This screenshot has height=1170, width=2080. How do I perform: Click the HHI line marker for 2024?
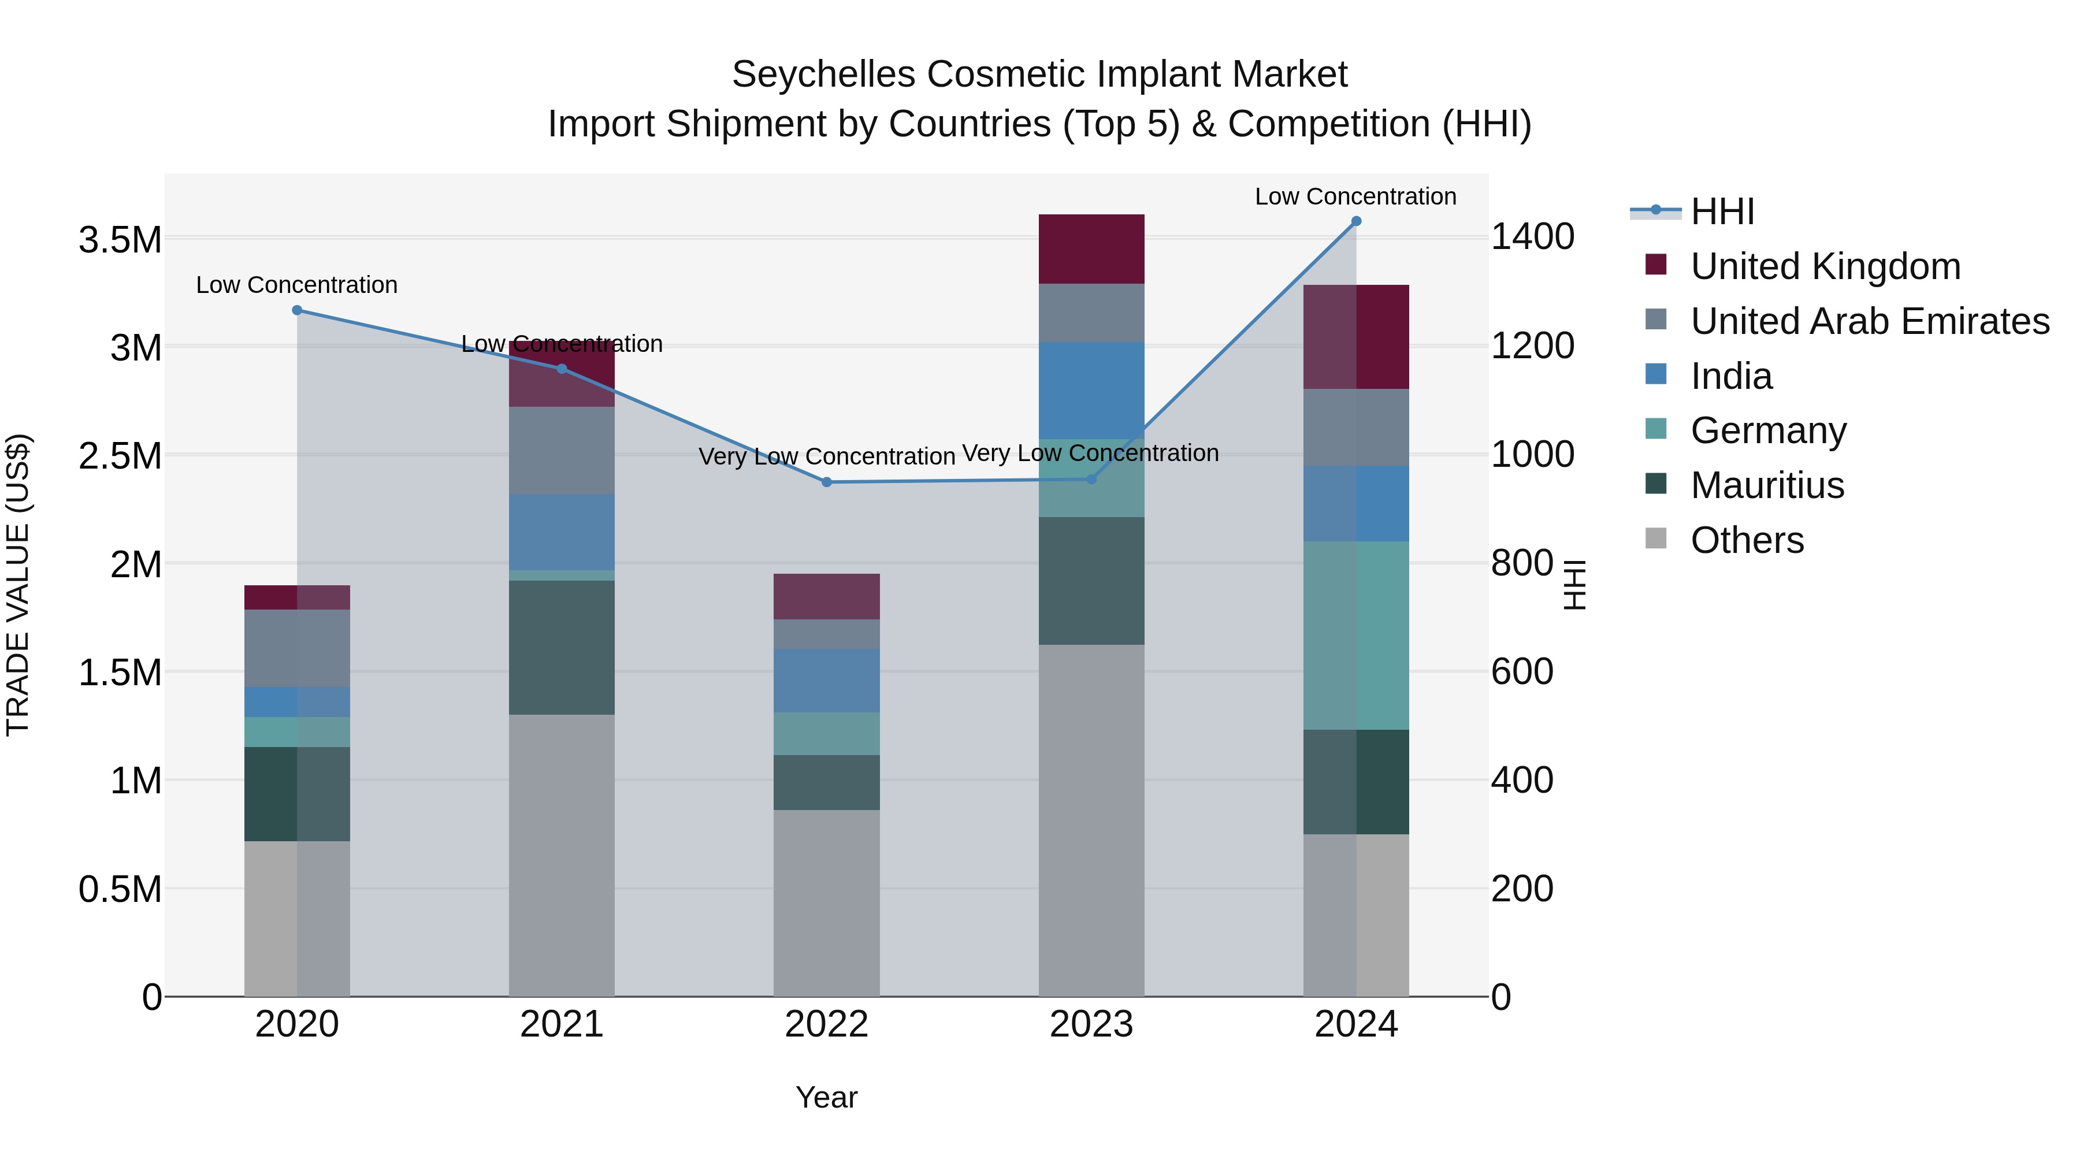click(x=1355, y=221)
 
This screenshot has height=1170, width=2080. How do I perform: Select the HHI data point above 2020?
click(x=297, y=310)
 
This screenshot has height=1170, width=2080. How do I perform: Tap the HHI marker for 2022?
click(x=826, y=482)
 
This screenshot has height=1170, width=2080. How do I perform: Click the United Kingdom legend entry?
click(x=1825, y=266)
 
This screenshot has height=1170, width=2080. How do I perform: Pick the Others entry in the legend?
click(x=1747, y=540)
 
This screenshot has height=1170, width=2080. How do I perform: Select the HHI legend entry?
click(x=1722, y=211)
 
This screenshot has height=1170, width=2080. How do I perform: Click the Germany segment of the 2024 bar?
click(x=1355, y=636)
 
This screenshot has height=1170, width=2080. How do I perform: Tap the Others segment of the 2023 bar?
click(x=1091, y=819)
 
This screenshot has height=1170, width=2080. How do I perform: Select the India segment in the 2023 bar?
click(x=1091, y=390)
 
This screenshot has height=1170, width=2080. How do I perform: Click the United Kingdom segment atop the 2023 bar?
click(x=1091, y=248)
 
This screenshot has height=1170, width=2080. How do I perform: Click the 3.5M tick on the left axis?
click(x=120, y=240)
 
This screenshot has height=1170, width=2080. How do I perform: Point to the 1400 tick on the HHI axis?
click(x=1532, y=237)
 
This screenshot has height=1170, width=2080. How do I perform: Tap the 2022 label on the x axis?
click(x=826, y=1024)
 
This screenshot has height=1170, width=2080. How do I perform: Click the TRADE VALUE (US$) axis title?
click(x=18, y=585)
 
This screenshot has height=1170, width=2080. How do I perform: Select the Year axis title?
click(x=826, y=1097)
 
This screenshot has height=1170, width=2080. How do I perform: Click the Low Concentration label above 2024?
click(x=1355, y=196)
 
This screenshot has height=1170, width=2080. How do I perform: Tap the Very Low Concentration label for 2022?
click(x=826, y=456)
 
